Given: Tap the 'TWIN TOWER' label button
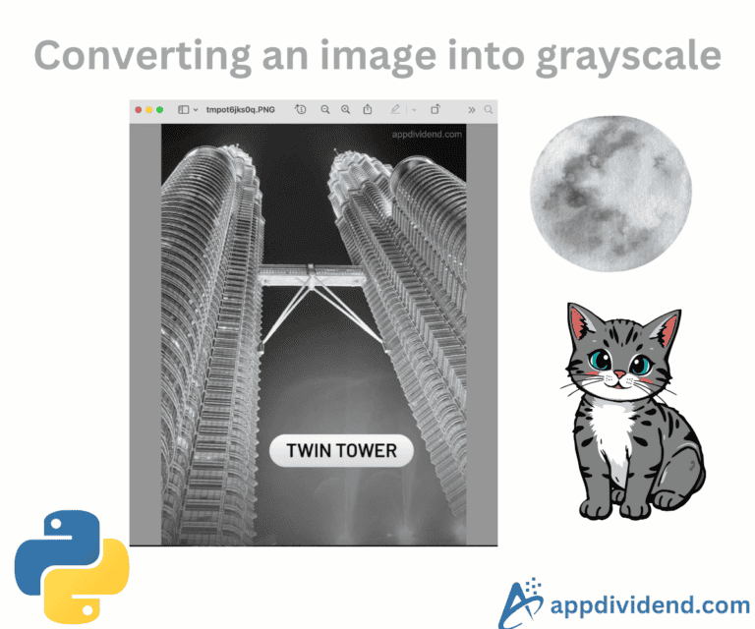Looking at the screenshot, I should click(341, 451).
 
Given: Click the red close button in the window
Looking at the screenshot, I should click(139, 110).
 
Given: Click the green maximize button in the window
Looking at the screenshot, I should click(160, 110).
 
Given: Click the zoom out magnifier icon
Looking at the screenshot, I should click(325, 110).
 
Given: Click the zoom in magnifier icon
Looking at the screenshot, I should click(345, 110).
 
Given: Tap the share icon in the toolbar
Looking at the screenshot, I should click(367, 110).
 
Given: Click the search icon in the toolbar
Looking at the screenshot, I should click(489, 110).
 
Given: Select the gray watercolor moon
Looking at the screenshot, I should click(610, 193).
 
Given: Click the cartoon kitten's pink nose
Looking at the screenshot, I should click(617, 379).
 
